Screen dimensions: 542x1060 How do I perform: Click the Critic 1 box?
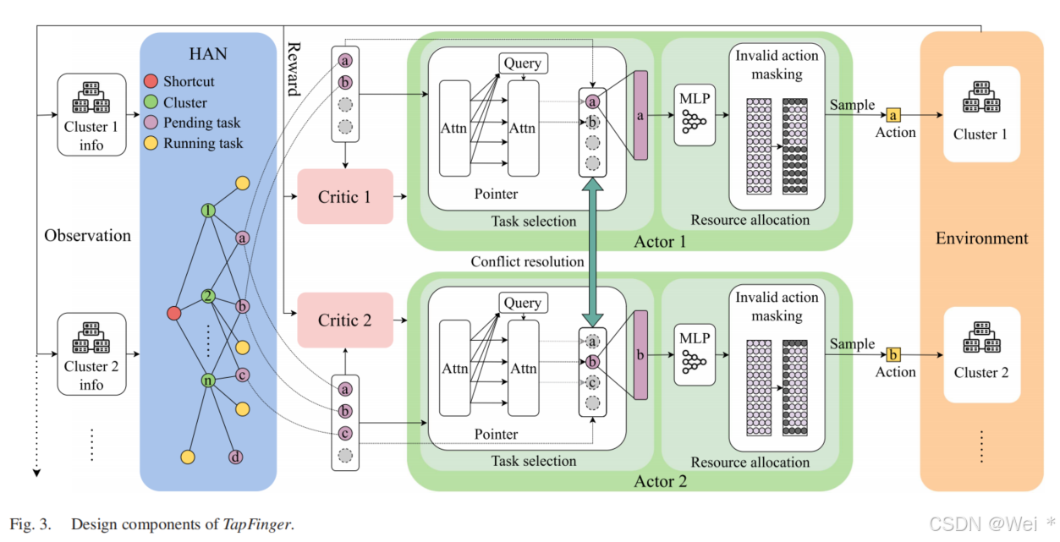[x=345, y=196]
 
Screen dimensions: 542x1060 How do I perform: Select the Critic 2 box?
[x=345, y=320]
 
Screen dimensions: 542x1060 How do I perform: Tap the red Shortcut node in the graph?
[x=174, y=314]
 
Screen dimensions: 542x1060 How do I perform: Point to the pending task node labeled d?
[x=236, y=457]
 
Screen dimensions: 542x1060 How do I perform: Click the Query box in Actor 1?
[x=522, y=63]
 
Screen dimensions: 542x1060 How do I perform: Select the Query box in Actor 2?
[x=522, y=303]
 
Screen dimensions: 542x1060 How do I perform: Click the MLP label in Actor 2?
[x=695, y=337]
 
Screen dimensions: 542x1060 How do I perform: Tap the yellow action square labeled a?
[x=892, y=114]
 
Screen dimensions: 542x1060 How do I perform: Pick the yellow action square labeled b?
[x=892, y=353]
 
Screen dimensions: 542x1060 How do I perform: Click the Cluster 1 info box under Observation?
[x=91, y=114]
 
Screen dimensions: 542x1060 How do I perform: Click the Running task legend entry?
[x=202, y=143]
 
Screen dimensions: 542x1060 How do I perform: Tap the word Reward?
[x=294, y=68]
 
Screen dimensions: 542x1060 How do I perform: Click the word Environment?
[x=981, y=238]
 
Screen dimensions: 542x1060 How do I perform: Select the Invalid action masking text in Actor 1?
[x=776, y=65]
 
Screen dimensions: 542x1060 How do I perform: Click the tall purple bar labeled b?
[x=640, y=354]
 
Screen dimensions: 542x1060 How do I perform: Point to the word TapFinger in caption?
[x=257, y=524]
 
